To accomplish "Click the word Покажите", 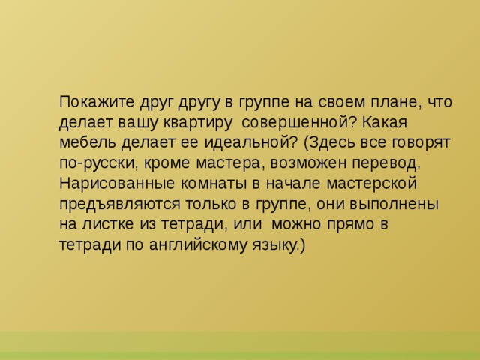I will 96,102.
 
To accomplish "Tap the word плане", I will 386,102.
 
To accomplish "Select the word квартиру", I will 189,122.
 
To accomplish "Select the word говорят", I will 421,142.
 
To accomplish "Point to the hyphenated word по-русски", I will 99,163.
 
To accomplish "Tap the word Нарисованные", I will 117,183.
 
